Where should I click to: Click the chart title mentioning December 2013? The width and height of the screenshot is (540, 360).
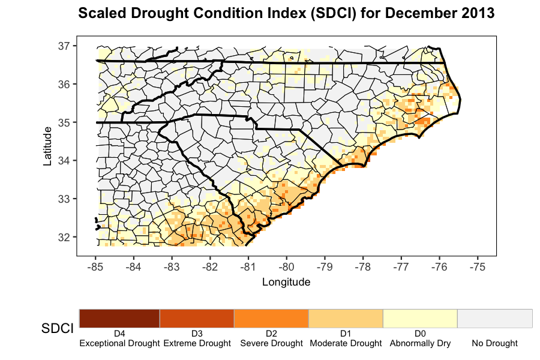tap(286, 13)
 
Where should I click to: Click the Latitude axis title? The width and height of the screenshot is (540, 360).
tap(47, 146)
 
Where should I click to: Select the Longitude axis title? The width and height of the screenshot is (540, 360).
tap(286, 281)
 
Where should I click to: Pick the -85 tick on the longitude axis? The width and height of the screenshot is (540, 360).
tap(95, 266)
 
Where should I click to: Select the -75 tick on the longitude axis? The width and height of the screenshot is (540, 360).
tap(478, 266)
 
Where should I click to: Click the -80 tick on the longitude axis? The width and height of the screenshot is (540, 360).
tap(286, 266)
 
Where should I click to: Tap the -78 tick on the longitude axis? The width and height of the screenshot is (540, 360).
tap(363, 266)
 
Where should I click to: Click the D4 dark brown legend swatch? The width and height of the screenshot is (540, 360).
tap(119, 318)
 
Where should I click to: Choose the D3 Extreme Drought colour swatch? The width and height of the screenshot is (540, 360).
tap(197, 318)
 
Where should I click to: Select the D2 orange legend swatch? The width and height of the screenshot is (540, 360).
tap(271, 318)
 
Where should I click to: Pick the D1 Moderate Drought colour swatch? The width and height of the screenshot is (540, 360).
tap(346, 318)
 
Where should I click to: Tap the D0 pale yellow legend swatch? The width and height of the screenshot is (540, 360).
tap(420, 318)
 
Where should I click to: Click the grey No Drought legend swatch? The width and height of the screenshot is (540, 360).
tap(495, 318)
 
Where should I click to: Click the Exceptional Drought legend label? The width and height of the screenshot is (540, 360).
tap(119, 344)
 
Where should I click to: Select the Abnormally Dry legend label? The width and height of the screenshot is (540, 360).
tap(420, 344)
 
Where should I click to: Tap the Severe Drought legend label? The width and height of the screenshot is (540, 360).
tap(271, 344)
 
